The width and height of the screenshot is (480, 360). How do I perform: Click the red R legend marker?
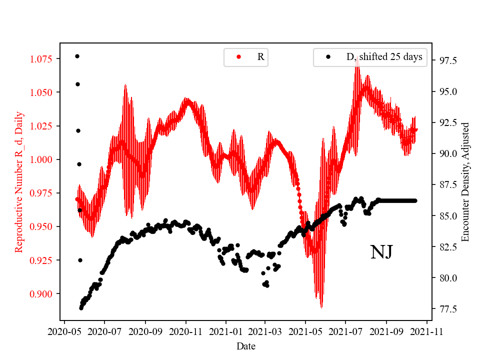[238, 57]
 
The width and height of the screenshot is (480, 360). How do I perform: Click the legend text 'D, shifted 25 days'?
[384, 57]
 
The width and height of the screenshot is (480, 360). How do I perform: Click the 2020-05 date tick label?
[64, 331]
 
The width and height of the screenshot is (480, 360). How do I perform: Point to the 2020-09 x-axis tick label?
[145, 331]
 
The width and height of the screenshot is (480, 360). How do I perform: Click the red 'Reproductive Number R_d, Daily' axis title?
[19, 181]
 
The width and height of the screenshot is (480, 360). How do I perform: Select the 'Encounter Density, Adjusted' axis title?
[466, 181]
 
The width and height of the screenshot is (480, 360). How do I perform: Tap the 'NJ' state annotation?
[381, 252]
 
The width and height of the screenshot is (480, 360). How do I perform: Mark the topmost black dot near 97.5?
[77, 56]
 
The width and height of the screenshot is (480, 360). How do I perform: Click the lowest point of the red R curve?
[321, 306]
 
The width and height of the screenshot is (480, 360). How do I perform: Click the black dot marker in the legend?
[328, 57]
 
